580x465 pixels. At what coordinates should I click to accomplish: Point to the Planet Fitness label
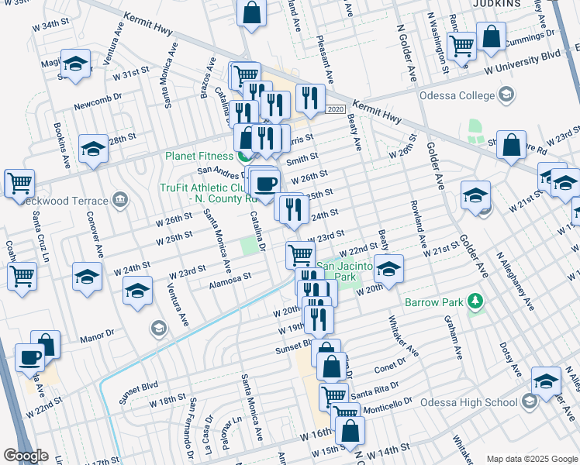pyautogui.click(x=198, y=155)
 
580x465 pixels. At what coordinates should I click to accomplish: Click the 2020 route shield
pyautogui.click(x=335, y=110)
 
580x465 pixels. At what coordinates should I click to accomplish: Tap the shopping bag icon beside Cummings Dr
pyautogui.click(x=491, y=36)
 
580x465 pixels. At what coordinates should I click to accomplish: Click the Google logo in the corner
pyautogui.click(x=26, y=456)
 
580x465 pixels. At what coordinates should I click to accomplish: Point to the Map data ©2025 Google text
pyautogui.click(x=532, y=459)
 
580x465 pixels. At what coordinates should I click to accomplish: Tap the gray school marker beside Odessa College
pyautogui.click(x=506, y=96)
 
